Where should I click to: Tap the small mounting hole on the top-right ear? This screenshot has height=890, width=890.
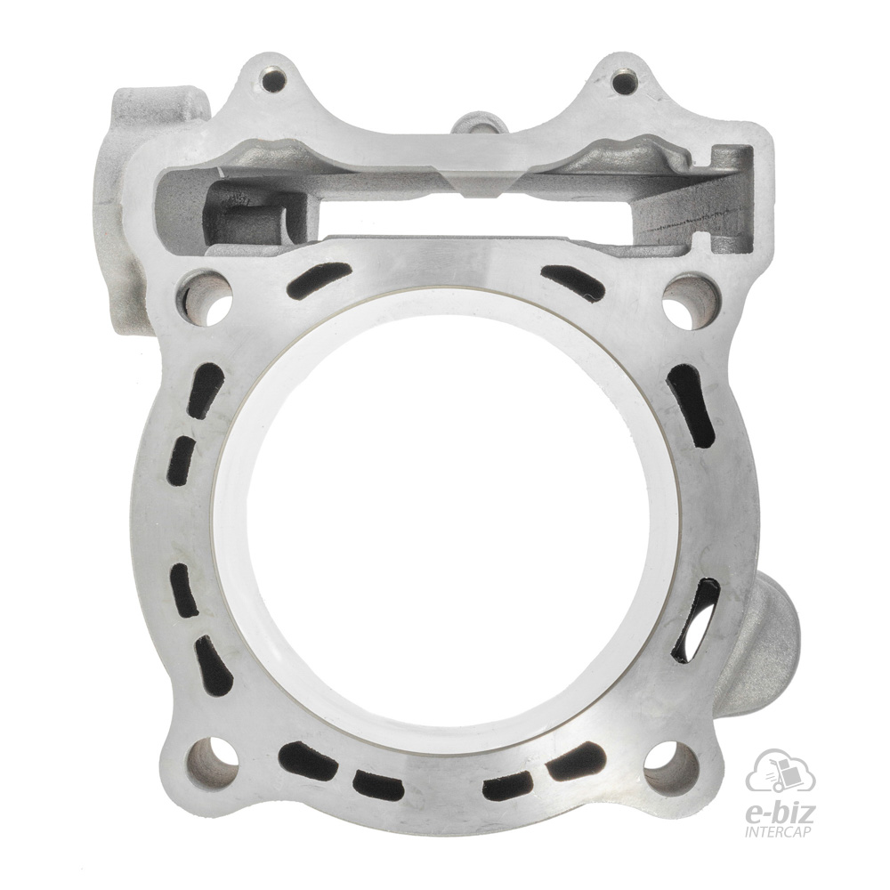pyautogui.click(x=625, y=82)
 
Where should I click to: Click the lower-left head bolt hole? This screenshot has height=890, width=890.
pyautogui.click(x=213, y=762)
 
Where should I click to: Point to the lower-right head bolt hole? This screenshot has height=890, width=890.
pyautogui.click(x=672, y=766)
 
